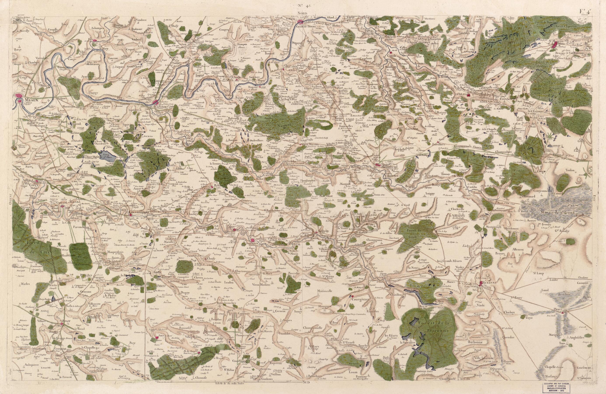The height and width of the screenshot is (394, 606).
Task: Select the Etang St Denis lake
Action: [x=108, y=155]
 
